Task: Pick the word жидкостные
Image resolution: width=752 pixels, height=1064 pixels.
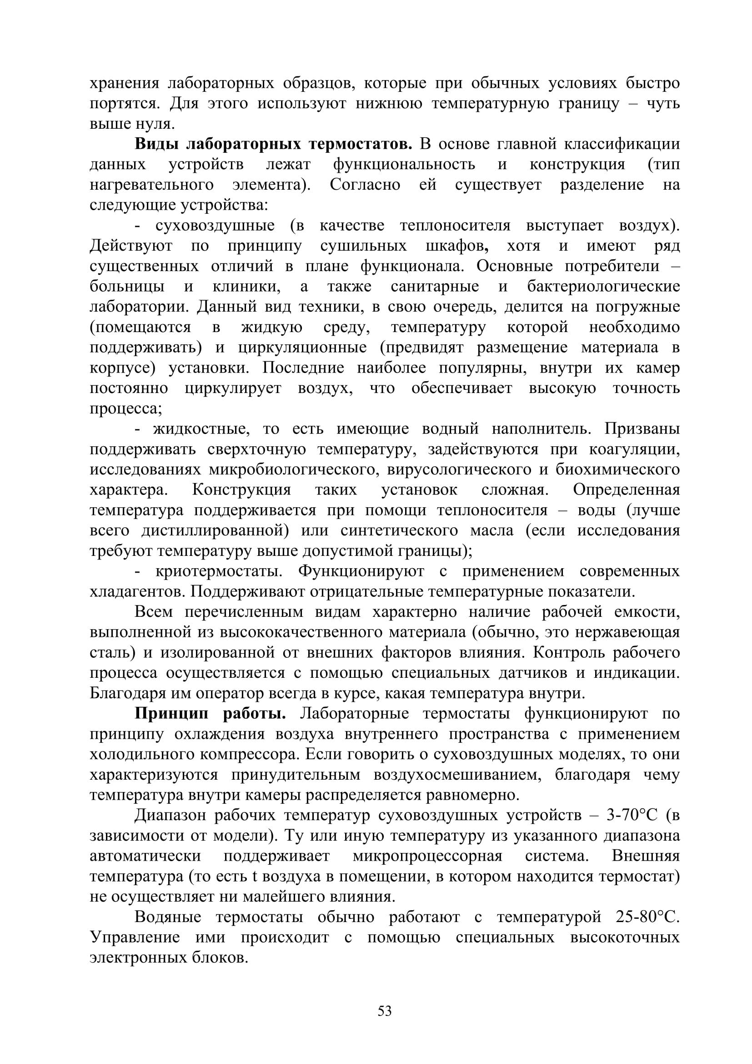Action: [x=201, y=429]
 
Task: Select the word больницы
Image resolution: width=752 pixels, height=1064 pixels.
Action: [x=127, y=287]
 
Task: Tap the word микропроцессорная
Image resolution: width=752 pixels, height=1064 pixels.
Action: [x=427, y=856]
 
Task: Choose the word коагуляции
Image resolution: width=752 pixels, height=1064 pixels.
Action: [x=634, y=449]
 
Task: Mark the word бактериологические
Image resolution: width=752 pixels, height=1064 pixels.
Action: [x=603, y=287]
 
